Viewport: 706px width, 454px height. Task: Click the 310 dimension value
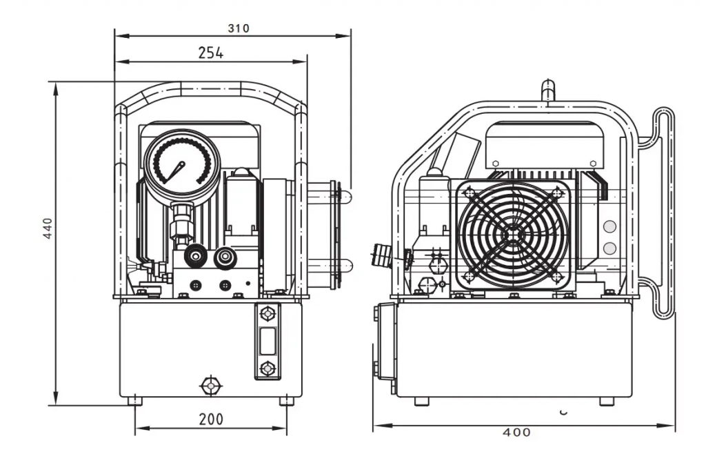[x=238, y=28]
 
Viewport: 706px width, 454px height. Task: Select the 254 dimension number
[x=211, y=53]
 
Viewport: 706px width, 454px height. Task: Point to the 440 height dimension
[x=48, y=228]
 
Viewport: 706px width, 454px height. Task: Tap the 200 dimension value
[x=211, y=420]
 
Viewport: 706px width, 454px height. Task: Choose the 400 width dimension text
[x=516, y=433]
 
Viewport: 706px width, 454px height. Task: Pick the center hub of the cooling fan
[x=513, y=235]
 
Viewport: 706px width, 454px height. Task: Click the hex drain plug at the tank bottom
[x=211, y=386]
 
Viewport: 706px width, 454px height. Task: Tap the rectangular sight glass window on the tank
[x=268, y=341]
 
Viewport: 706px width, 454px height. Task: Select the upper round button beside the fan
[x=609, y=226]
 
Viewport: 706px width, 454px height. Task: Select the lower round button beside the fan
[x=609, y=248]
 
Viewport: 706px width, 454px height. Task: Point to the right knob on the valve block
[x=224, y=256]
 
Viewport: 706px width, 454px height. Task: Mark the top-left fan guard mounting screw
[x=470, y=194]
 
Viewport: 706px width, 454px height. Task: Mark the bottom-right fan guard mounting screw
[x=556, y=277]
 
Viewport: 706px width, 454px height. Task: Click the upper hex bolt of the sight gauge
[x=268, y=314]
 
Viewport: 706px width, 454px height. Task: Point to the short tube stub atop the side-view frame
[x=547, y=91]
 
